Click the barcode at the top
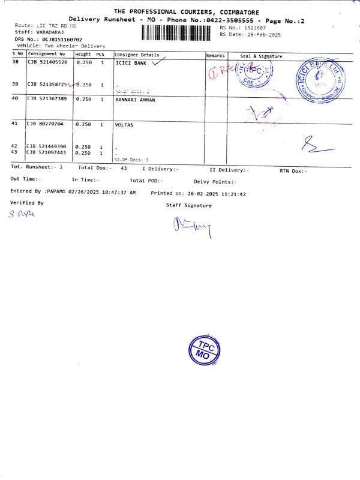[177, 33]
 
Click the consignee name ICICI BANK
[131, 62]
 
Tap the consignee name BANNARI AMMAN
[135, 100]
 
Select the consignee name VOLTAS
[124, 124]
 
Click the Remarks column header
[215, 55]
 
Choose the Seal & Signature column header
[261, 56]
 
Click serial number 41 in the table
[16, 124]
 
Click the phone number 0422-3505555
[231, 20]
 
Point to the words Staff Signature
[189, 206]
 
